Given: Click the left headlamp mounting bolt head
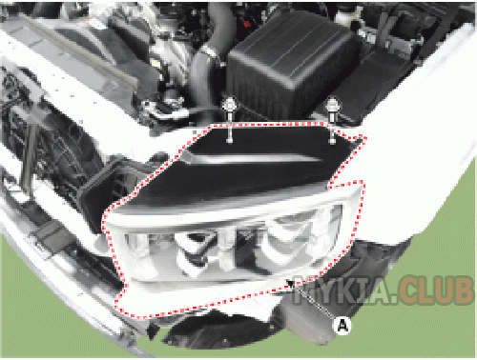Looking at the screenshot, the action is coord(229,105).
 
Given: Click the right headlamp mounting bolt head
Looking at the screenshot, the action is coord(332,106).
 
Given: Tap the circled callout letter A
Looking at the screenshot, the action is coord(342,325).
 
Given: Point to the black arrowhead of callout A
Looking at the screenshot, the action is coord(290,283).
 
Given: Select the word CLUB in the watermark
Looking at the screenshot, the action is coord(435,290).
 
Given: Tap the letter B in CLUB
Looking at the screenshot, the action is coord(463,290).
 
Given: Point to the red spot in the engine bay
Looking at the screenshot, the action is coord(247,24).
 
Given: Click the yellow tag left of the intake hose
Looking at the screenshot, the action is coord(156,63).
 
